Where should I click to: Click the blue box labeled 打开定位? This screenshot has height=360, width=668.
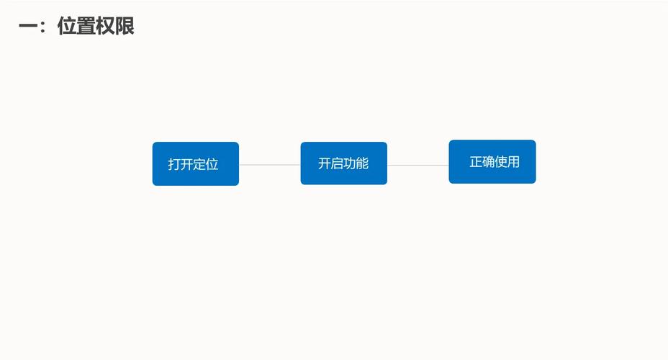point(195,164)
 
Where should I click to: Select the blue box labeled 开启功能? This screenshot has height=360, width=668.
point(343,163)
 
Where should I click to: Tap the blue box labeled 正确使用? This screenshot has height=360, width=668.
point(492,162)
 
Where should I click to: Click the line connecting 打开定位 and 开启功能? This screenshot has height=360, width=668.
point(269,165)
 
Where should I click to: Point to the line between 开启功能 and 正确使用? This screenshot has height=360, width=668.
point(417,165)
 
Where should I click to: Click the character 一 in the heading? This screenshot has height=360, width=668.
point(27,27)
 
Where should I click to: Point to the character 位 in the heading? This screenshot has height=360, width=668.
point(67,27)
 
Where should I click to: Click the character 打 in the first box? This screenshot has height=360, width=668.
point(174,164)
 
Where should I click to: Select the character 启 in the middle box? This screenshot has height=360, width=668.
point(337,163)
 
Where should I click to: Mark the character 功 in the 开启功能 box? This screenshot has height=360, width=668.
point(350,163)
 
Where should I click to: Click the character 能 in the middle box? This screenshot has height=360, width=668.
point(362,163)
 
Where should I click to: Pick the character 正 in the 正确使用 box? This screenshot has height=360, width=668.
point(476,162)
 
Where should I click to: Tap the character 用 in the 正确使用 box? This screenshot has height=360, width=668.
point(513,162)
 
